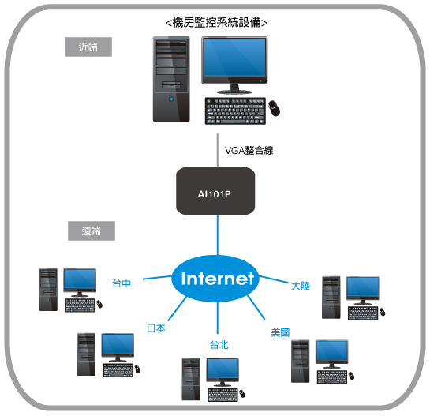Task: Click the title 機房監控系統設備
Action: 217,23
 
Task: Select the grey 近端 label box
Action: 88,47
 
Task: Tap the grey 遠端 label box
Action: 92,230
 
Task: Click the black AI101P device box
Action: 215,191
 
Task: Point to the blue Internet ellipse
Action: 215,279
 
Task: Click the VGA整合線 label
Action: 249,150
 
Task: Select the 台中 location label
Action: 122,283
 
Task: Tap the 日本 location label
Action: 156,328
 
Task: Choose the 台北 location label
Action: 219,345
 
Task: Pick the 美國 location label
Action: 280,332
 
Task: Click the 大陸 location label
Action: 301,286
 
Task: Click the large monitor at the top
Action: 234,65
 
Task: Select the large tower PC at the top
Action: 171,79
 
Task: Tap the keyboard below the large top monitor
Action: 235,111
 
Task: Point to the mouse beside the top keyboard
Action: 275,108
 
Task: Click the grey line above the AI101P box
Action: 218,150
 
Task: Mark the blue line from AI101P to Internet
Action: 218,235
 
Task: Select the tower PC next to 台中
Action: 48,290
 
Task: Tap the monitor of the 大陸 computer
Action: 362,290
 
